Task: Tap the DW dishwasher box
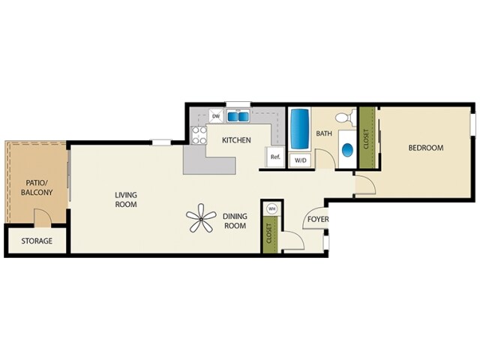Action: click(216, 116)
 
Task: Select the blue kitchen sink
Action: click(238, 116)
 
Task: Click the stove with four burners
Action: click(199, 135)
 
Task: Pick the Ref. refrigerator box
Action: click(275, 157)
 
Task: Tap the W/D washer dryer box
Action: click(300, 160)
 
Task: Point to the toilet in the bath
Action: click(344, 118)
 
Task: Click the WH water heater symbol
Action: click(271, 208)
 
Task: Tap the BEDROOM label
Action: click(425, 148)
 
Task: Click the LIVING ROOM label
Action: click(126, 199)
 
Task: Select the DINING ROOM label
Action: click(235, 221)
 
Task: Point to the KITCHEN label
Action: click(235, 140)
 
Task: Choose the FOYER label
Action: click(315, 220)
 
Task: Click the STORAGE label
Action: click(37, 241)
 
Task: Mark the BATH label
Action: click(324, 134)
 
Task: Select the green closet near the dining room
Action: click(268, 235)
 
